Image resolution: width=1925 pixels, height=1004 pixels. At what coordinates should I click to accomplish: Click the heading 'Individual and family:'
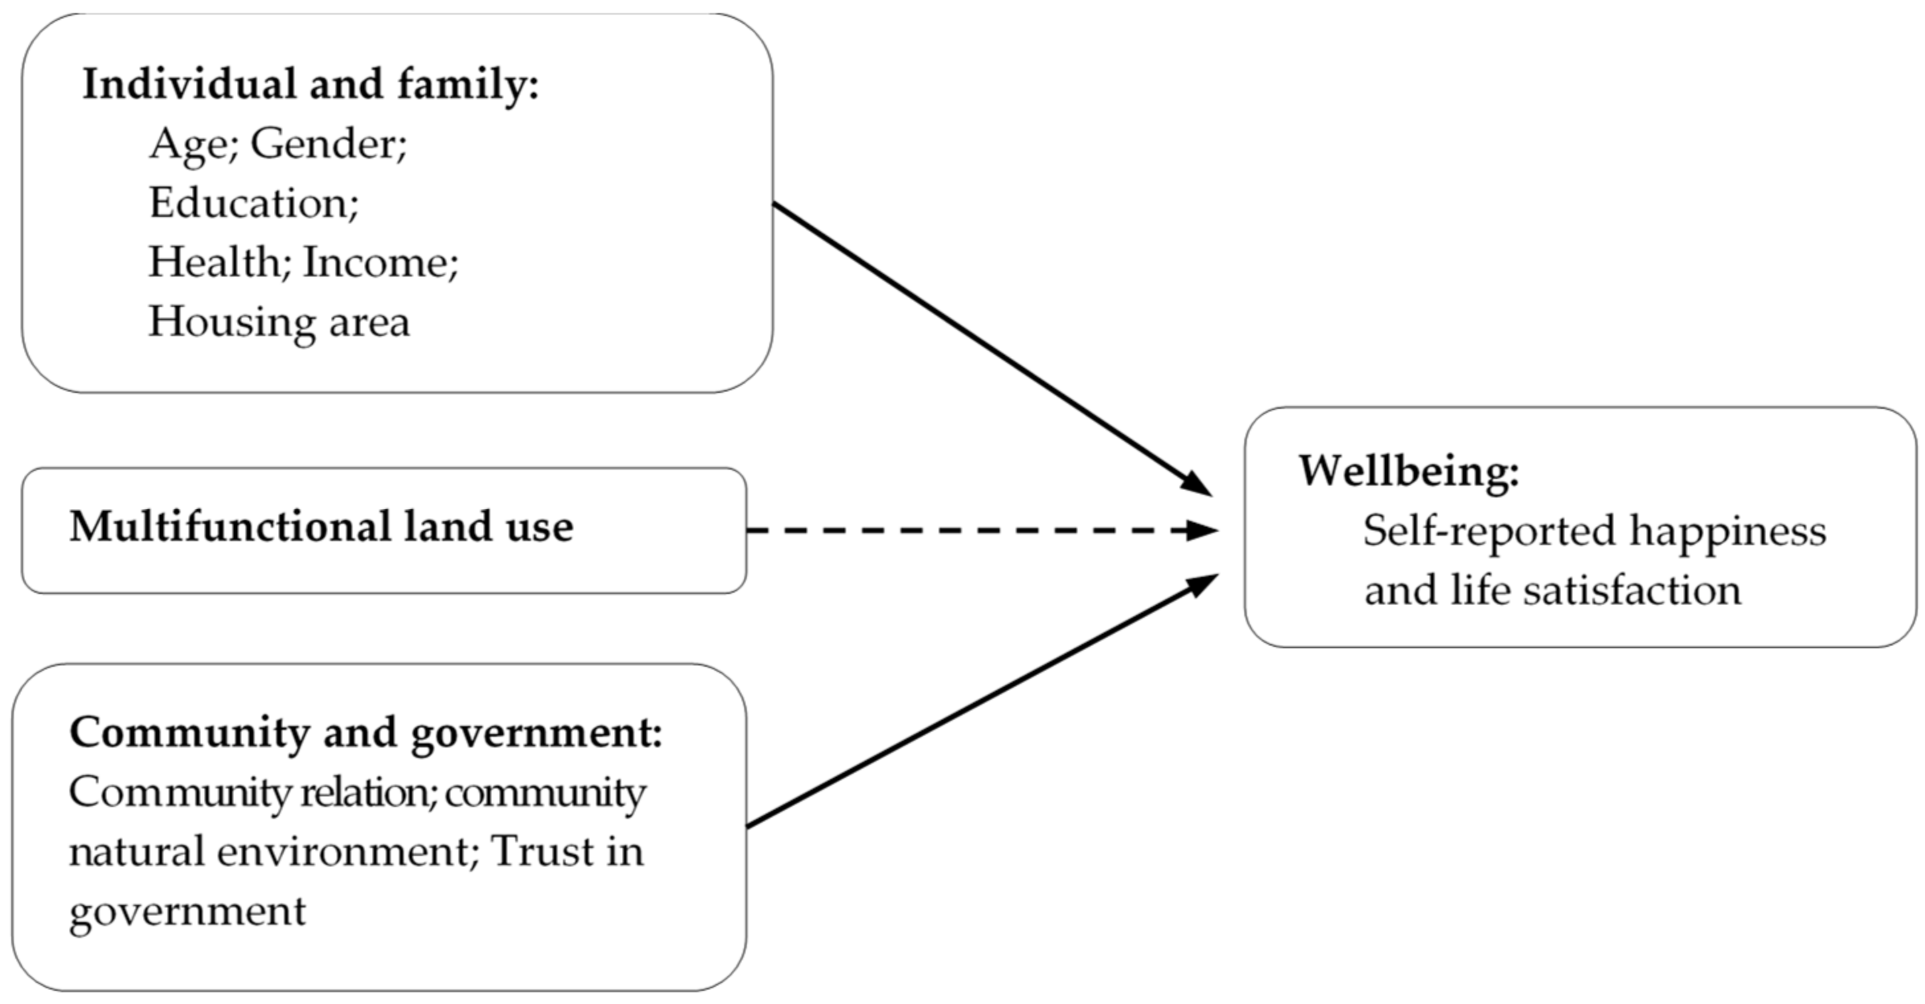[310, 83]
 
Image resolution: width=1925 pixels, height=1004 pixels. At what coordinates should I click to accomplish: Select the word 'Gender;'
[329, 144]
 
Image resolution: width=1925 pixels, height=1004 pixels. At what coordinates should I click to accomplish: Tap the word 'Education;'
[254, 203]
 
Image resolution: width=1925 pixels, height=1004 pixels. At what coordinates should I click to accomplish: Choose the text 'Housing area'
[278, 323]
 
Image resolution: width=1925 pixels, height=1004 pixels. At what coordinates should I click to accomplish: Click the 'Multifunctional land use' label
[321, 526]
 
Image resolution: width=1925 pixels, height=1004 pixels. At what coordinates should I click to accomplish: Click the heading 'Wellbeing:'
[1408, 472]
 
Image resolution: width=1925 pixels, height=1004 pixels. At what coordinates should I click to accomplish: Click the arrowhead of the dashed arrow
[1201, 531]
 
